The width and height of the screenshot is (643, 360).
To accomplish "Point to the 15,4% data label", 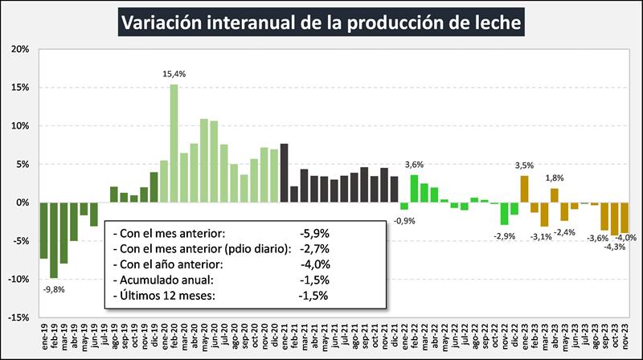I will pyautogui.click(x=174, y=74).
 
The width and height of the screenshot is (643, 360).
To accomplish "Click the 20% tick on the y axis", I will pyautogui.click(x=18, y=49).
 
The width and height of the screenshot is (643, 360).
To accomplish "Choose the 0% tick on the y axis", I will pyautogui.click(x=22, y=202).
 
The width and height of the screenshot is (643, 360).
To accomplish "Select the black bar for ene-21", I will pyautogui.click(x=284, y=173).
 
